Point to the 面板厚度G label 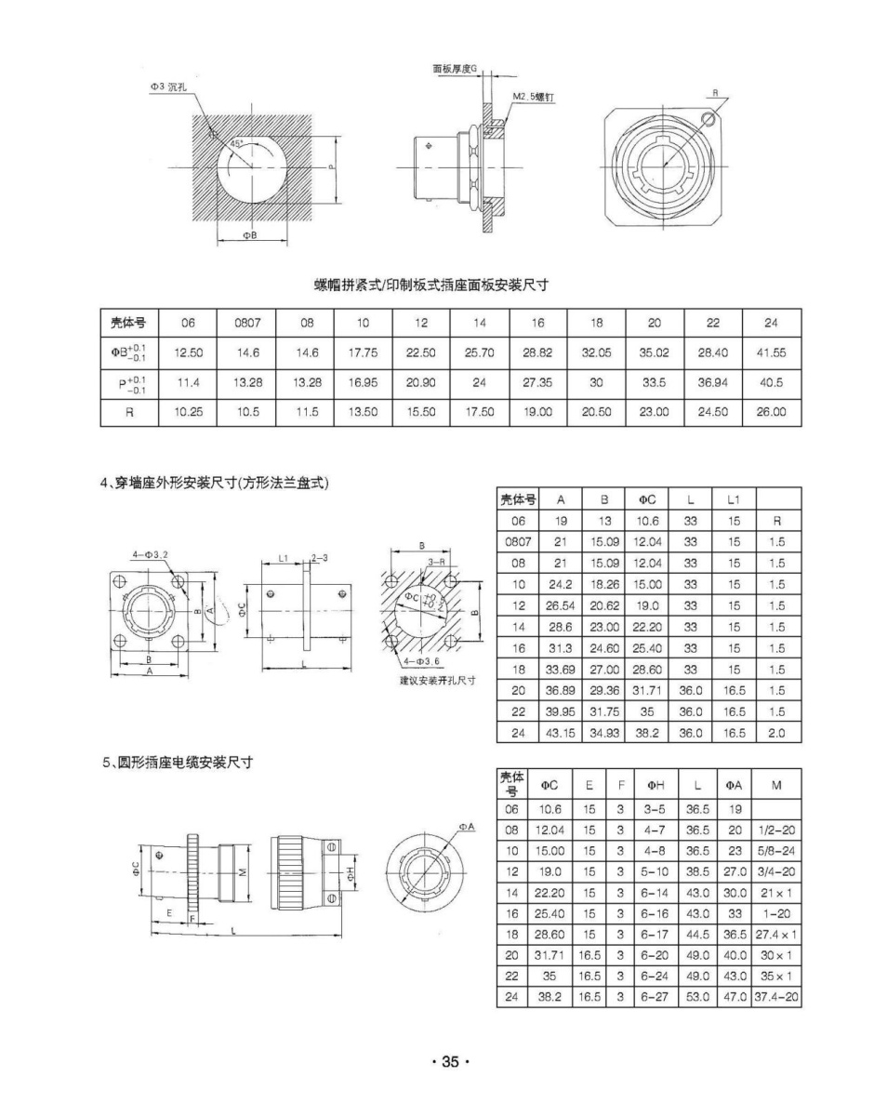tap(454, 69)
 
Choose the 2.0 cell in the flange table tap(777, 733)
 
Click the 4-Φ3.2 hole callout tap(151, 554)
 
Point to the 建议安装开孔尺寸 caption tap(430, 680)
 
